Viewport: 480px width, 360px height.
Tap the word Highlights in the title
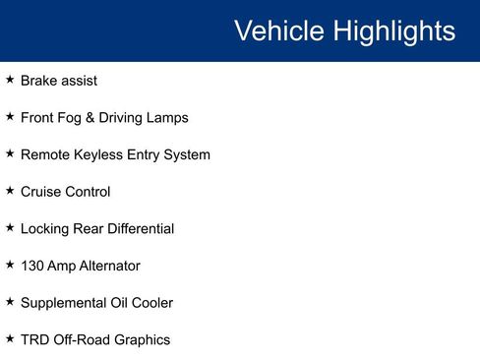point(393,30)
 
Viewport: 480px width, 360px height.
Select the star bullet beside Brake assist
point(10,80)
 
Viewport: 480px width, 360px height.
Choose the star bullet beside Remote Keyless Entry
point(10,153)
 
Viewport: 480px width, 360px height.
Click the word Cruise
point(41,192)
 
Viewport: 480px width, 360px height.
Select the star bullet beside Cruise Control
point(10,191)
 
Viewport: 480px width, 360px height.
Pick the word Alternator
point(107,266)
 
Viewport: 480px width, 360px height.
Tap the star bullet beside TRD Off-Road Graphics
point(10,338)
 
